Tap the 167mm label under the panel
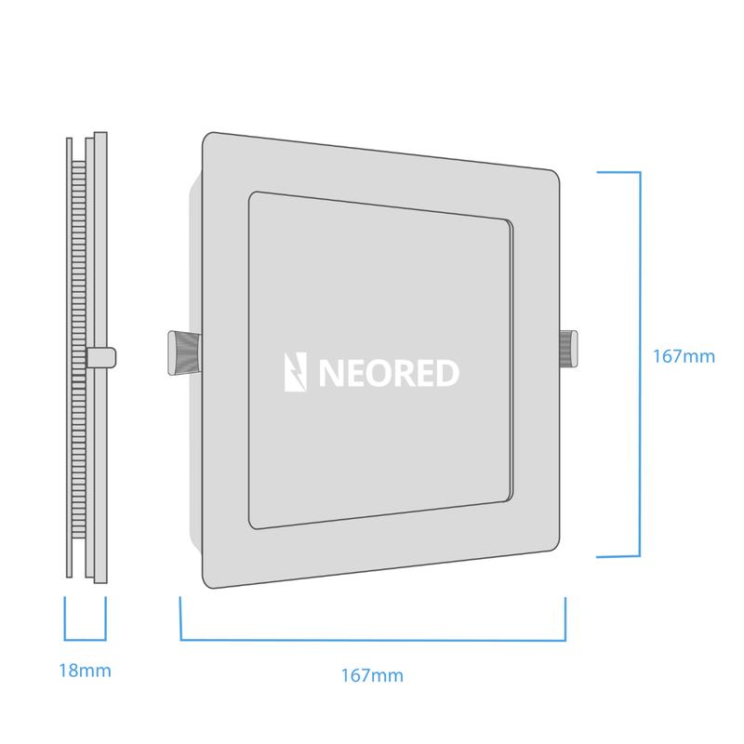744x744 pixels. (373, 675)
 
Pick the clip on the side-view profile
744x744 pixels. (100, 355)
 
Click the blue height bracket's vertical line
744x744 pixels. (640, 364)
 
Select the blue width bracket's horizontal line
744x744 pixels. (373, 640)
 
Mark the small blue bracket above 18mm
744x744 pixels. (85, 640)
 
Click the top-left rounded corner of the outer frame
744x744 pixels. (210, 138)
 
